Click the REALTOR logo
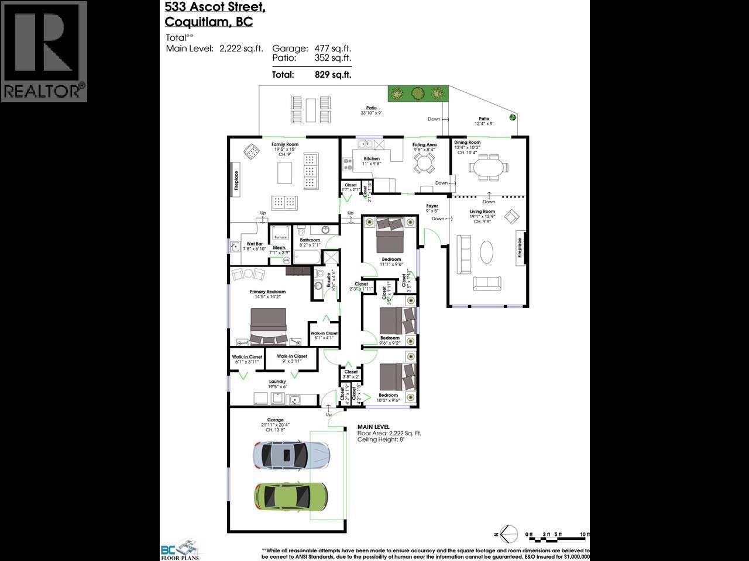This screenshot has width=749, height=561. pos(44,51)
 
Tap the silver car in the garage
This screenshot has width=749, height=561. pos(291,454)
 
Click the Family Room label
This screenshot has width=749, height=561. pos(284,144)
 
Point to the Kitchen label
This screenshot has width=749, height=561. pos(372,158)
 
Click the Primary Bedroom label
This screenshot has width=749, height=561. pos(267,292)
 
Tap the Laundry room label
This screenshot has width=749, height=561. pos(277,382)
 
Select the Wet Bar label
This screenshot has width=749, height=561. pos(255,244)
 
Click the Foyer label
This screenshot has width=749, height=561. pos(432,206)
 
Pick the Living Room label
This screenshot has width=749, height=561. pos(482,212)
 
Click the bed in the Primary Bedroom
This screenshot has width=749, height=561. pos(269,327)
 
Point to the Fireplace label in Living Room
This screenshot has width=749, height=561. pos(519,247)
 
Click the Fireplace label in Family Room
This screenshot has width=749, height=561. pos(236,181)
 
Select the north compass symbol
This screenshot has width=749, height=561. pos(507,534)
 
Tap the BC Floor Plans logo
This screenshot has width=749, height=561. pos(180,551)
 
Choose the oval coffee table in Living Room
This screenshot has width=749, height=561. pos(487,252)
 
